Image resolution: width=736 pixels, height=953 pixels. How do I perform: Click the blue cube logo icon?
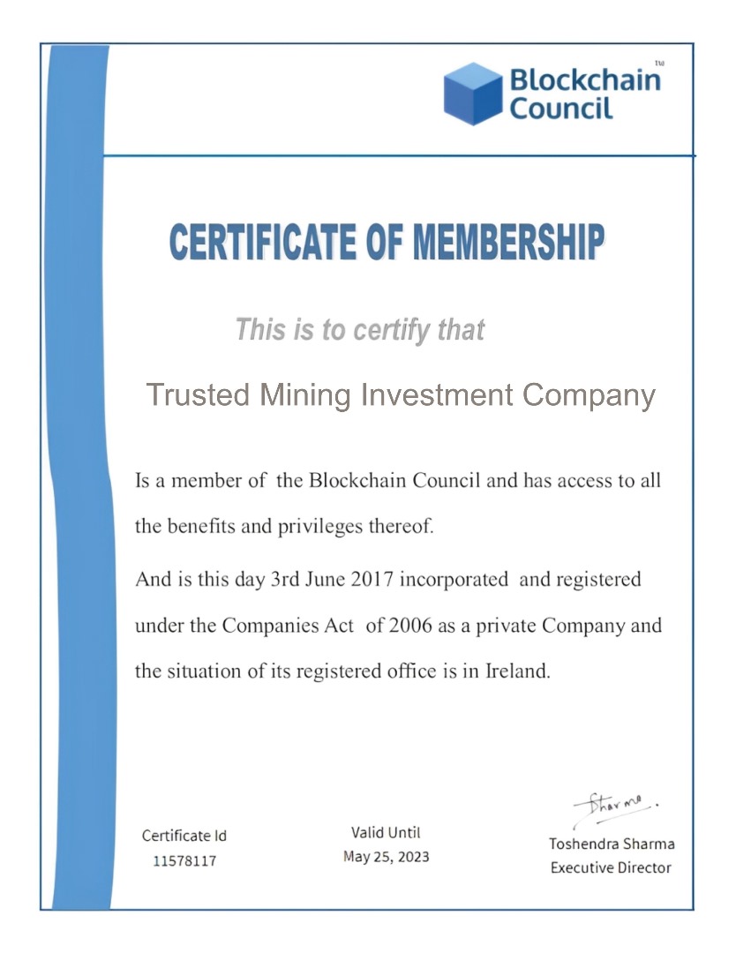(x=473, y=94)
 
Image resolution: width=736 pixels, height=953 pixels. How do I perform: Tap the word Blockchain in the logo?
(x=584, y=80)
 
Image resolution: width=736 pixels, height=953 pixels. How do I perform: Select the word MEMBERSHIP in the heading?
(x=507, y=243)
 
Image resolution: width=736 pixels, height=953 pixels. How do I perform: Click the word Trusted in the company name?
(x=197, y=394)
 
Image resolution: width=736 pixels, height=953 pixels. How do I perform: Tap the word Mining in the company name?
(x=304, y=394)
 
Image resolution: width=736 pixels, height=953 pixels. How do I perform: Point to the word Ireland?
(x=517, y=671)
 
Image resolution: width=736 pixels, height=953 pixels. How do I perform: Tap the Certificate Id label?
(x=184, y=836)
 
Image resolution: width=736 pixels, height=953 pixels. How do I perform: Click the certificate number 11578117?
(x=184, y=860)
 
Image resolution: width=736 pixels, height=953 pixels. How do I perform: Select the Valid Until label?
(x=386, y=832)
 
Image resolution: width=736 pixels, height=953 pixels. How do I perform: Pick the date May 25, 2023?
(x=386, y=857)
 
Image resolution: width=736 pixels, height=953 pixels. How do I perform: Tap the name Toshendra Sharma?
(x=611, y=844)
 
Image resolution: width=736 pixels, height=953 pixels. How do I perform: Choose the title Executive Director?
(x=611, y=867)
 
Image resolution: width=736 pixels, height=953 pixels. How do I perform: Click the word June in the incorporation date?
(x=326, y=580)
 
